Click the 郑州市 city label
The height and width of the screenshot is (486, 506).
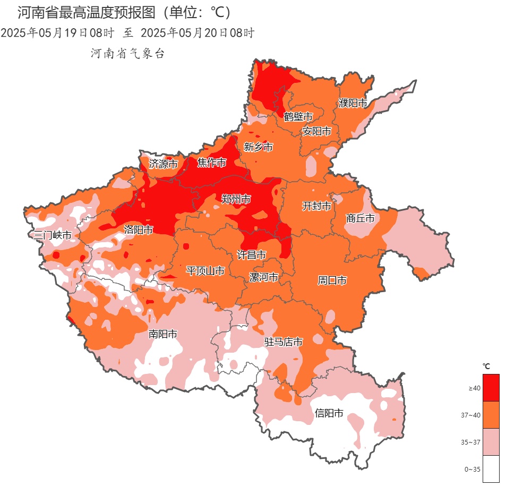pos(236,199)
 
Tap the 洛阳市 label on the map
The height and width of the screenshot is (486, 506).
pos(139,229)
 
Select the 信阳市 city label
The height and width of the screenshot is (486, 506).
pos(329,413)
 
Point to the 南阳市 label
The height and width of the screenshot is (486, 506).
pos(162,334)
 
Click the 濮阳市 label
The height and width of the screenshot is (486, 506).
pos(353,103)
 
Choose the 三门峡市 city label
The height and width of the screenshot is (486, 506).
pos(52,235)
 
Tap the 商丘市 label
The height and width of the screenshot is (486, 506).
pos(360,218)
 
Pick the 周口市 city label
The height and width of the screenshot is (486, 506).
pos(332,280)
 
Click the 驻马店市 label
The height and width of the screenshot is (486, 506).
pos(284,342)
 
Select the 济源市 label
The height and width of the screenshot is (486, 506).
pos(163,164)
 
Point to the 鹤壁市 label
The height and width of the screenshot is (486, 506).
pos(298,116)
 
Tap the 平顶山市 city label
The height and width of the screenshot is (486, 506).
pos(205,271)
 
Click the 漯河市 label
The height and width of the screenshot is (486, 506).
pos(264,277)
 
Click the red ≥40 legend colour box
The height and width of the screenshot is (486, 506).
pos(491,388)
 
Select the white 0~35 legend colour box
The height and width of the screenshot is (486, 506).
pos(491,469)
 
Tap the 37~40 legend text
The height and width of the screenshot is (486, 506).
pos(470,415)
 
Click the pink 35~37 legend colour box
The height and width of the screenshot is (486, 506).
pos(491,442)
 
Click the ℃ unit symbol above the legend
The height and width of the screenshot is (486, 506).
pos(486,366)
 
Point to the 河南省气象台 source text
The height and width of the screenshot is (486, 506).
pos(128,53)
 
